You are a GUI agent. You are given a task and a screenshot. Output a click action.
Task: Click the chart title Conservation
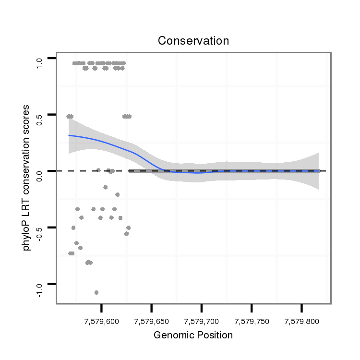[193, 41]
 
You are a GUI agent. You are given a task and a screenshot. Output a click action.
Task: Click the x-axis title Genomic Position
[193, 335]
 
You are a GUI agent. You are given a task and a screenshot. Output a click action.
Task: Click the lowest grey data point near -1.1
[96, 292]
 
